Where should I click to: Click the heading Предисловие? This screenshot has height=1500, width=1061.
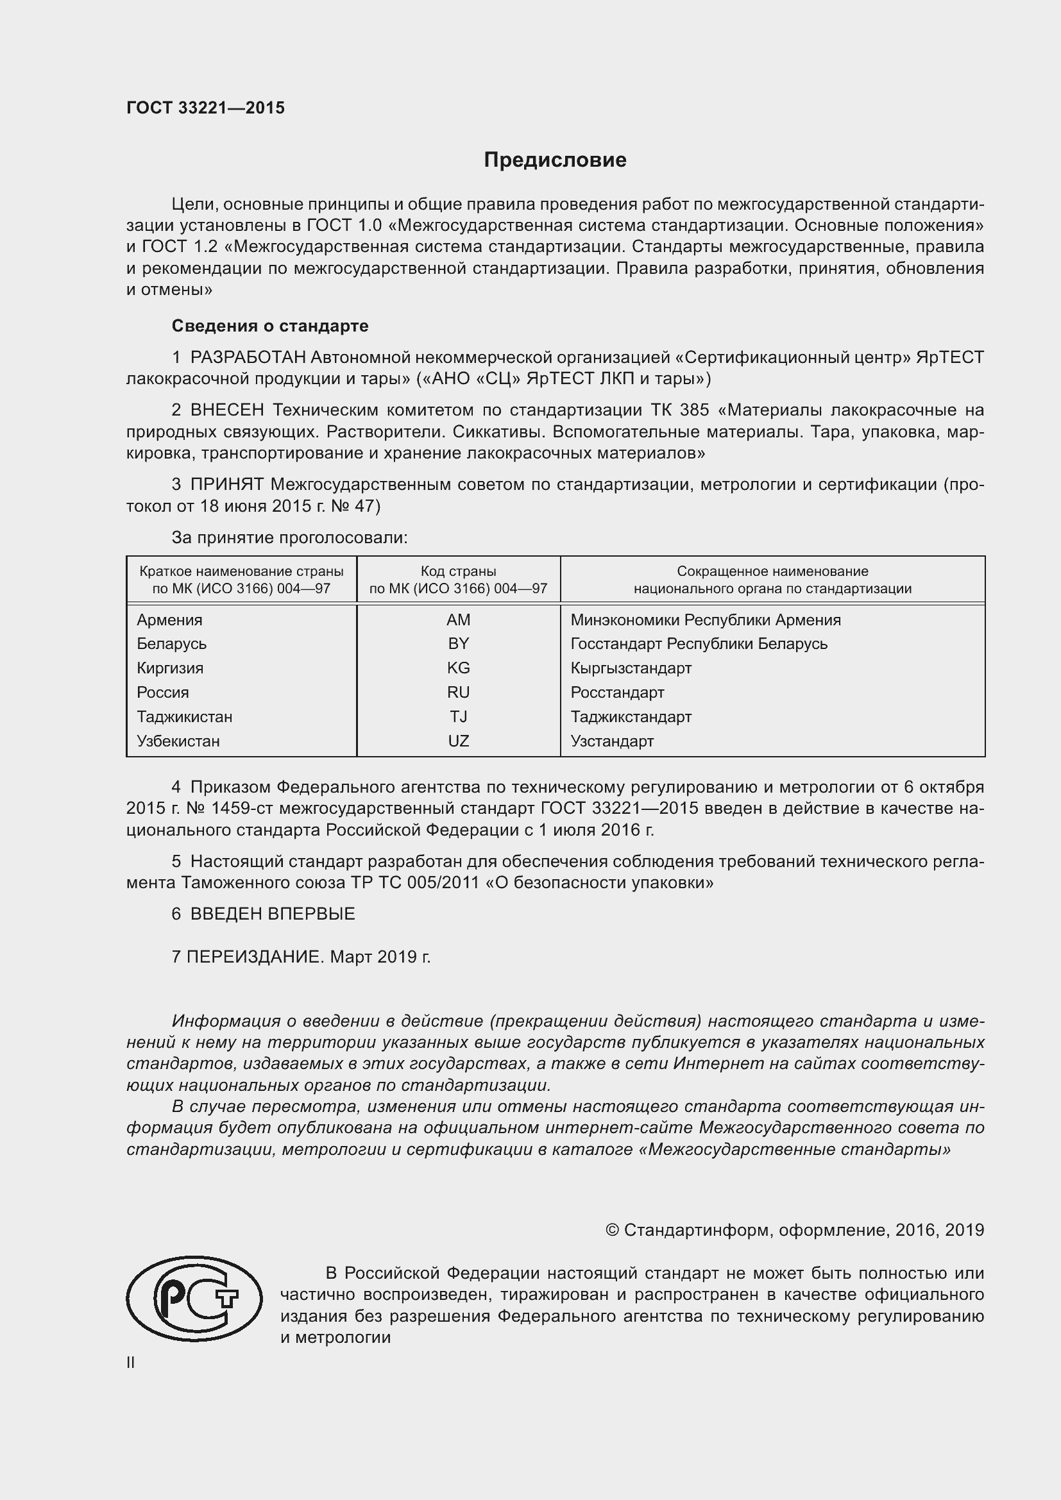coord(555,160)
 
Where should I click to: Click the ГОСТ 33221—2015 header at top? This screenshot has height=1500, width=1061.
coord(205,108)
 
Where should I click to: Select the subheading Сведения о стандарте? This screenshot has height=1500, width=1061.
coord(270,325)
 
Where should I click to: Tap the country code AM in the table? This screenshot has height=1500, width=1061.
coord(458,619)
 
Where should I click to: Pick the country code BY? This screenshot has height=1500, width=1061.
coord(458,643)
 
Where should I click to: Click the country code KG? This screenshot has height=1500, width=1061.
coord(458,668)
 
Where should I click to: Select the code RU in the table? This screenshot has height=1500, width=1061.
coord(458,692)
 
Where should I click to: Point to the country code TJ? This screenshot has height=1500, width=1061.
coord(458,717)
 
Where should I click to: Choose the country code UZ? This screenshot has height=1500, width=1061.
coord(458,741)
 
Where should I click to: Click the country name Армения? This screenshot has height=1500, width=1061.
coord(169,619)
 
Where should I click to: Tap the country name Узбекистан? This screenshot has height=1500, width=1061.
coord(178,741)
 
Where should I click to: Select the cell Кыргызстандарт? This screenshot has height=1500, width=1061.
coord(631,668)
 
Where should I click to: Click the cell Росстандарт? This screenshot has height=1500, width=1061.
coord(616,692)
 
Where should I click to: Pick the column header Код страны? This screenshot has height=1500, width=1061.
coord(458,571)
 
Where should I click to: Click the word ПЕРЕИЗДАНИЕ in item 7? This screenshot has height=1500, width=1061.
coord(255,957)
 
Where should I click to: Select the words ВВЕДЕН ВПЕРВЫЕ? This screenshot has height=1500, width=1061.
coord(272,914)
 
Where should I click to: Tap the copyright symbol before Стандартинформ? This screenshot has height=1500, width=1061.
coord(612,1230)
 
